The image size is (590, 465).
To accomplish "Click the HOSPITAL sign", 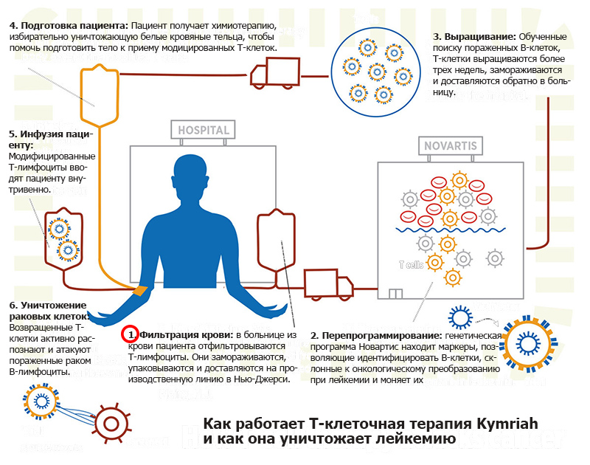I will [x=204, y=129].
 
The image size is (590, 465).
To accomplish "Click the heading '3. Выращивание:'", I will [x=475, y=36].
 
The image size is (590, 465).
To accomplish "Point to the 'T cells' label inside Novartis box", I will [x=411, y=264].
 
